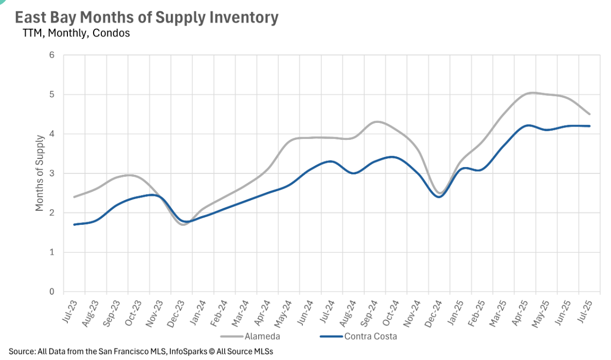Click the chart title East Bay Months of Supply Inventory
pos(147,17)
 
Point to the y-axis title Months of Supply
pos(40,173)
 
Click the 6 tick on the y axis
pos(52,55)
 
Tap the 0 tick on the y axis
pos(52,292)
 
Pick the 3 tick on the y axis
pos(52,173)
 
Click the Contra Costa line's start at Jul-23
pos(75,224)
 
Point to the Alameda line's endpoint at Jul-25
pos(589,114)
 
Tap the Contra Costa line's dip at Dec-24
pos(439,197)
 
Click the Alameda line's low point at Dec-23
pos(183,225)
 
